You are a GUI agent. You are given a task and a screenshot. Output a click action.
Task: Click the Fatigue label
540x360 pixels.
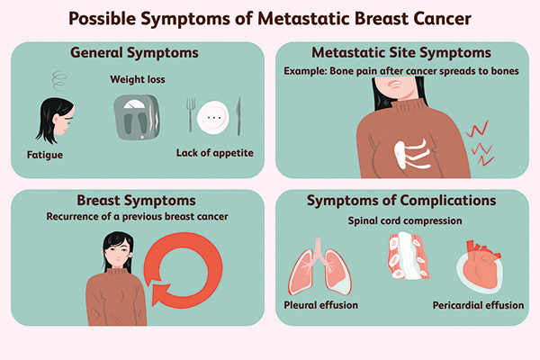45,155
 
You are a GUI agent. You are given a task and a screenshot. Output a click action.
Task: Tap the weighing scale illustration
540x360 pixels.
137,117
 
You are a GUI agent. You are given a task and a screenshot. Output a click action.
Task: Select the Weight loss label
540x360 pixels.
138,79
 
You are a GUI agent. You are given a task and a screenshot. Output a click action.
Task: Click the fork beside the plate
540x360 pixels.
191,114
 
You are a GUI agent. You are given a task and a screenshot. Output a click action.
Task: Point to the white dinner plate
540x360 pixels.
213,118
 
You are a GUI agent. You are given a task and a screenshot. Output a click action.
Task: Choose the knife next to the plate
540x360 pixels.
238,116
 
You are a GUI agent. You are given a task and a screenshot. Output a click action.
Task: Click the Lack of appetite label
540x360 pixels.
215,153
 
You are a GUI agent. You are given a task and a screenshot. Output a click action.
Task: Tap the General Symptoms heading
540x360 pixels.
134,53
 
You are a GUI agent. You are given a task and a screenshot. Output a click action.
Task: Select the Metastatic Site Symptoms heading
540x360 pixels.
401,53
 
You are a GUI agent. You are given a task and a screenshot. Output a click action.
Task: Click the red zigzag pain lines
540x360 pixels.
480,143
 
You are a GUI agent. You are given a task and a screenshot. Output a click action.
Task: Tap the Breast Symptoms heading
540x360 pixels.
137,200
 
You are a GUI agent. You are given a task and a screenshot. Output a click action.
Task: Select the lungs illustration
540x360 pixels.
319,266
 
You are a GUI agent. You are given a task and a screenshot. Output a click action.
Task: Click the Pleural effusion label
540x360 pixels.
321,305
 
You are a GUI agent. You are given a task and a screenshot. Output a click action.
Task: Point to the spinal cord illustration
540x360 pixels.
409,256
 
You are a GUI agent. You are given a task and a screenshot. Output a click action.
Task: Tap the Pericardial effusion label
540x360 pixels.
479,305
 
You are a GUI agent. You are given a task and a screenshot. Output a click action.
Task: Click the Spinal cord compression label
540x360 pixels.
405,220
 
